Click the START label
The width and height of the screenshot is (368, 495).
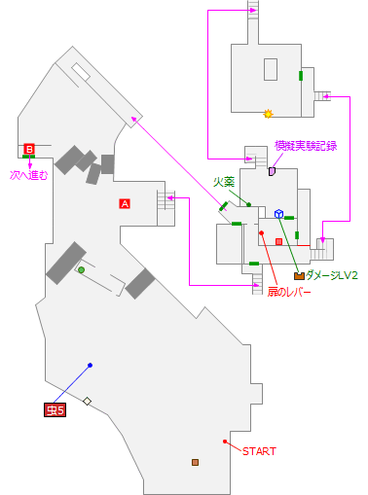[x=259, y=451]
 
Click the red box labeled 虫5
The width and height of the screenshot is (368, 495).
[x=55, y=410]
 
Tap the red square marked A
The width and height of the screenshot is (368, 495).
[x=124, y=203]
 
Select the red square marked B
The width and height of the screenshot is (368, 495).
[x=29, y=149]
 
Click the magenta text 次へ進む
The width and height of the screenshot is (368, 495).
[x=28, y=176]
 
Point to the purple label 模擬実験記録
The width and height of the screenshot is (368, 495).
[x=306, y=146]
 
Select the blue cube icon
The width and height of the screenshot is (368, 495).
[x=278, y=214]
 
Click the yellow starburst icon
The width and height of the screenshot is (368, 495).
[x=268, y=114]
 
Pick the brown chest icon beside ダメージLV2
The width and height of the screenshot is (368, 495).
[x=299, y=276]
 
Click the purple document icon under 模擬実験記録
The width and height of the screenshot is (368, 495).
[x=273, y=171]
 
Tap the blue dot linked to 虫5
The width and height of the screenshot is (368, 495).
[x=90, y=366]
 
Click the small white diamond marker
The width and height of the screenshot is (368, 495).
[x=87, y=401]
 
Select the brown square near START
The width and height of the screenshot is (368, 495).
[x=195, y=462]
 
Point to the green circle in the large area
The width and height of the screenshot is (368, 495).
[x=81, y=269]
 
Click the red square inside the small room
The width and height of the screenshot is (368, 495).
[x=278, y=240]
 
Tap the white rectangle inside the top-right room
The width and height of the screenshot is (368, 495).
[x=271, y=69]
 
